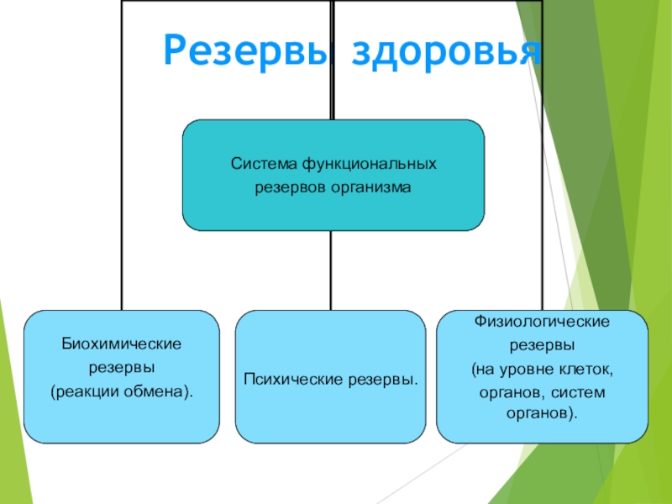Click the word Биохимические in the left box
pyautogui.click(x=123, y=344)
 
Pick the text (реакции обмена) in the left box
pyautogui.click(x=121, y=391)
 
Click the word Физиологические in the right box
pyautogui.click(x=542, y=323)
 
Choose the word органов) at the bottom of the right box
pyautogui.click(x=542, y=414)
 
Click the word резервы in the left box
pyautogui.click(x=123, y=368)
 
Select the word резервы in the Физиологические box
pyautogui.click(x=542, y=345)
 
